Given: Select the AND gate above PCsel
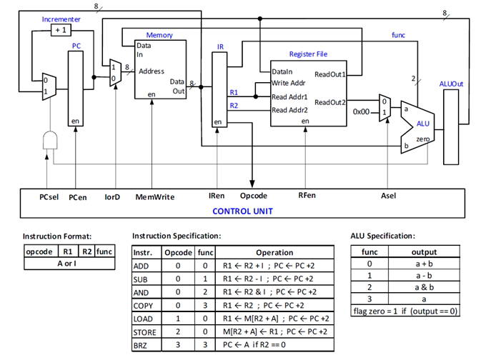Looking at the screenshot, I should pyautogui.click(x=50, y=140).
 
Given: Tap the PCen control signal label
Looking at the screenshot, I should pyautogui.click(x=78, y=196).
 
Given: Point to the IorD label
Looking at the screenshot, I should pyautogui.click(x=113, y=196).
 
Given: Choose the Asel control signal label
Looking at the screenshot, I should pyautogui.click(x=389, y=196).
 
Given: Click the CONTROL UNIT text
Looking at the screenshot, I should pyautogui.click(x=243, y=211).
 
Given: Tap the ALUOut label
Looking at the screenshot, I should pyautogui.click(x=451, y=84).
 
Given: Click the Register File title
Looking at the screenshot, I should pyautogui.click(x=308, y=54).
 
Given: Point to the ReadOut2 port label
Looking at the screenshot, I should pyautogui.click(x=329, y=102).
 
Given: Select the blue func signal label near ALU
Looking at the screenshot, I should pyautogui.click(x=399, y=34).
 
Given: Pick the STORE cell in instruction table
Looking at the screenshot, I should pyautogui.click(x=145, y=331).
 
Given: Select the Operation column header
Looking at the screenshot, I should pyautogui.click(x=274, y=252).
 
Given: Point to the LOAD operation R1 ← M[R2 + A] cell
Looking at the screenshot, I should pyautogui.click(x=274, y=319).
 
